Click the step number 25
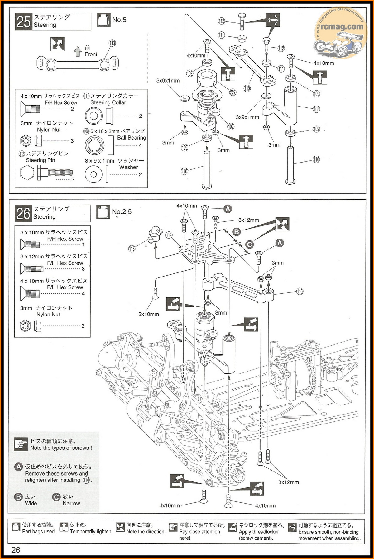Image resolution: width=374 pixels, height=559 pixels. (23, 22)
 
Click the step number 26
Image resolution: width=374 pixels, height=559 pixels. (23, 214)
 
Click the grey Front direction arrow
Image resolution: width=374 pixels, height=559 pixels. (78, 51)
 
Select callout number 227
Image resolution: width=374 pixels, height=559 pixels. (233, 92)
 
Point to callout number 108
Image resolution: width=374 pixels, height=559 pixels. (316, 109)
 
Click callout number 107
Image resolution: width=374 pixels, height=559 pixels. (231, 126)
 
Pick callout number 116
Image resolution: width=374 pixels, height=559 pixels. (300, 291)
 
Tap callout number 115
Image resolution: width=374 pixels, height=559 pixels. (132, 249)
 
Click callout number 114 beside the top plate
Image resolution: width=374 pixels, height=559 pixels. (169, 235)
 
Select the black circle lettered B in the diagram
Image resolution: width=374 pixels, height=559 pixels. (237, 232)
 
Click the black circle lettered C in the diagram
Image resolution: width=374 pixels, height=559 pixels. (249, 244)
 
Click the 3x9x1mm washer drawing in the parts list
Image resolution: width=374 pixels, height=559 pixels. (93, 174)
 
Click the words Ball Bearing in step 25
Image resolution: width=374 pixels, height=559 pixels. (132, 138)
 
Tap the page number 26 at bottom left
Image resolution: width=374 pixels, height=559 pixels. (16, 550)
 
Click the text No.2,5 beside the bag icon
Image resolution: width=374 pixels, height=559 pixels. (122, 212)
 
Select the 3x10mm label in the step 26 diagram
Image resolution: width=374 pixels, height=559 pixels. (149, 314)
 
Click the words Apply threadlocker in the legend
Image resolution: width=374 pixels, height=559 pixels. (259, 532)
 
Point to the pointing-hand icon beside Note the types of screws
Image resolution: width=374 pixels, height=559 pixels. (21, 444)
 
